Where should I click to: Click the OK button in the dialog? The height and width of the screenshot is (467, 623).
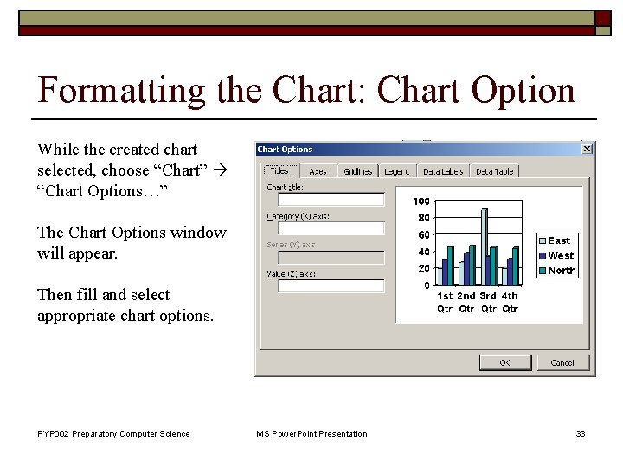(504, 362)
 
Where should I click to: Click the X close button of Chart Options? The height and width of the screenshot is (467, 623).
(587, 149)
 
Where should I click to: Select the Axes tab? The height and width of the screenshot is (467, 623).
(318, 171)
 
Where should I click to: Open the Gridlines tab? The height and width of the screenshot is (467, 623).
(356, 171)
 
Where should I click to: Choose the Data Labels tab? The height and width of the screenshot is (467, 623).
(443, 171)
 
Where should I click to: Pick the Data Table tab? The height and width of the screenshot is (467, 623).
(494, 171)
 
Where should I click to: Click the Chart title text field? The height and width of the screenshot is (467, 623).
(324, 200)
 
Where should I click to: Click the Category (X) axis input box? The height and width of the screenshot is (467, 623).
(324, 229)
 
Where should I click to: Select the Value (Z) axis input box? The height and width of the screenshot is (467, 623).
(324, 286)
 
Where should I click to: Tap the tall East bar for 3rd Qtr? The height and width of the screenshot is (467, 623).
(485, 246)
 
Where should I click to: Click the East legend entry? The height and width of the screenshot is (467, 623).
(559, 240)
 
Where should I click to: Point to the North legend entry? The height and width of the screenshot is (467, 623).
(561, 271)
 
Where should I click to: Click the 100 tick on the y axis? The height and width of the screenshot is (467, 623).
(421, 202)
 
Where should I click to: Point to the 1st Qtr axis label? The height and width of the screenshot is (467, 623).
(445, 302)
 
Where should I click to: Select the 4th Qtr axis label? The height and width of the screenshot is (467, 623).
(511, 302)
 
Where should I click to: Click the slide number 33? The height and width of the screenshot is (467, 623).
(581, 433)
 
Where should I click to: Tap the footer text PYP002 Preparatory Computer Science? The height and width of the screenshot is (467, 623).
(113, 433)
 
